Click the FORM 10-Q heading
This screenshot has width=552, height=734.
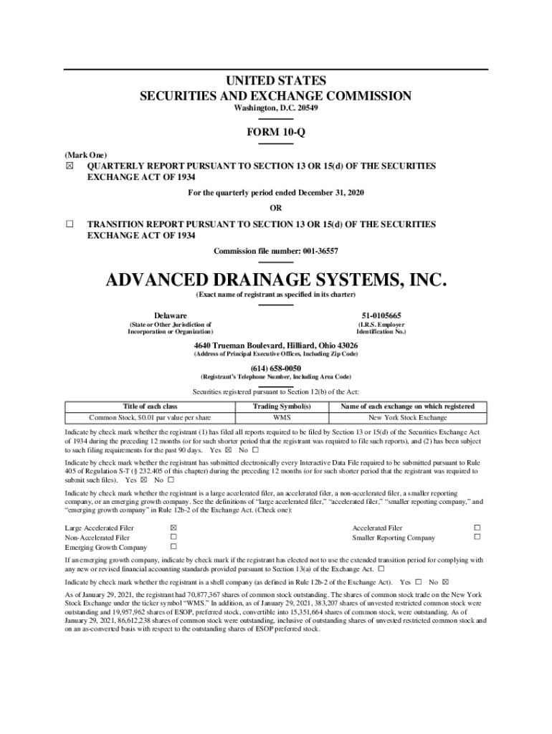(x=275, y=133)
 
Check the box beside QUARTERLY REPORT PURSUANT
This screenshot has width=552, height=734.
(x=70, y=166)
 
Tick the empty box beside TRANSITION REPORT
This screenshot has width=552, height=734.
(x=70, y=224)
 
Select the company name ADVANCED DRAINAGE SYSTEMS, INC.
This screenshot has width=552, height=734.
(x=276, y=278)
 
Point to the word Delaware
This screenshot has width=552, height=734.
(x=171, y=316)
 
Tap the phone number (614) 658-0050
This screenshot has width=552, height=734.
(x=276, y=368)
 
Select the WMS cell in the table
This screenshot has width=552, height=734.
(x=281, y=418)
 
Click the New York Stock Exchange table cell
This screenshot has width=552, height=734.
(x=407, y=418)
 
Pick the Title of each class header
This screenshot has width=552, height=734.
(x=150, y=406)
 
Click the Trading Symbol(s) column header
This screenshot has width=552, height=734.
(x=281, y=406)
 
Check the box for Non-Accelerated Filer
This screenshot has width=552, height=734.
(x=173, y=538)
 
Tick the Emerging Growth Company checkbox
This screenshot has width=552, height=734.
(x=173, y=548)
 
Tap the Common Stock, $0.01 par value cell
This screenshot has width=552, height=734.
(x=150, y=418)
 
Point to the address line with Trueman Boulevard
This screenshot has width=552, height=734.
(x=276, y=345)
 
